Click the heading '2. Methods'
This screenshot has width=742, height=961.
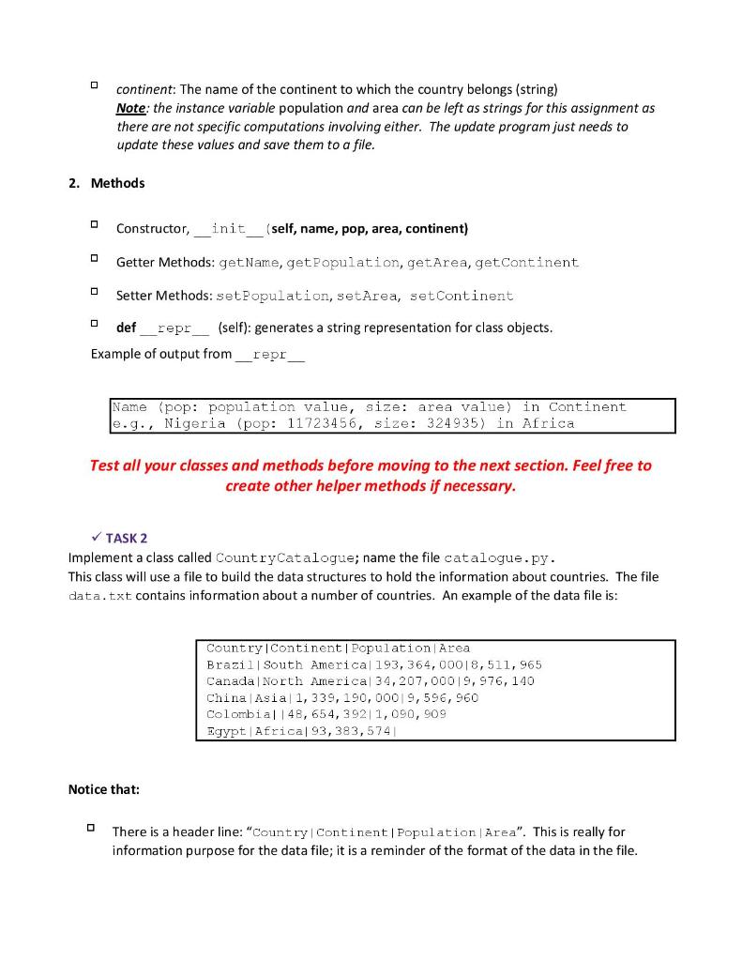106,183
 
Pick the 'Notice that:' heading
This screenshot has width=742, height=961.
104,789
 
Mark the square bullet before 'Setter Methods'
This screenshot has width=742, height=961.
95,293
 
